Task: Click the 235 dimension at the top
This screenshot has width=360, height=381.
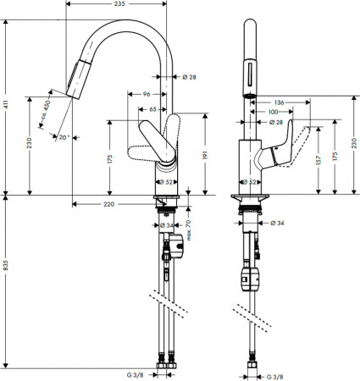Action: point(119,4)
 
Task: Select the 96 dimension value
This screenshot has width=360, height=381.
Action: point(147,94)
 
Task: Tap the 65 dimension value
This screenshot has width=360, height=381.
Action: point(152,109)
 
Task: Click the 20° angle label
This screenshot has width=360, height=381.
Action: point(64,136)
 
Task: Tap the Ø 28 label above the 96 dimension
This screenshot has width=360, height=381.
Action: point(189,78)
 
